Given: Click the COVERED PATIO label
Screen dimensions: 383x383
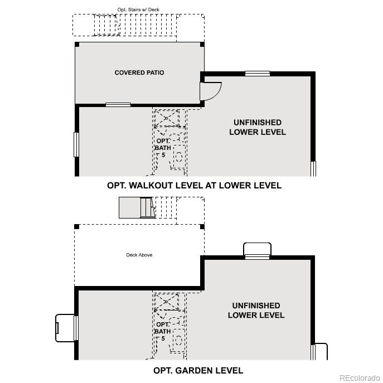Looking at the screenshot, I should [139, 72].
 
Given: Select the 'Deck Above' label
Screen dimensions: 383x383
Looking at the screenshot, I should [139, 255].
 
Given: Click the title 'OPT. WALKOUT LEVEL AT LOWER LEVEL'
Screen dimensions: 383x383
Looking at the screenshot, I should [194, 186].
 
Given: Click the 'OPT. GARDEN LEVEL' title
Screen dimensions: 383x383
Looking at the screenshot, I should [198, 370].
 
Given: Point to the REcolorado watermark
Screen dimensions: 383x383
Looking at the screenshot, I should [359, 377].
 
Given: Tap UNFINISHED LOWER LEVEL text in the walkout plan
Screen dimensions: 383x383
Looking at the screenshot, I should [257, 127].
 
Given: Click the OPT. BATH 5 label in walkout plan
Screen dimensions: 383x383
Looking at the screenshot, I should [163, 147].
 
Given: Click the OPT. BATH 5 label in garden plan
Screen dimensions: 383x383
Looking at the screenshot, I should [163, 331].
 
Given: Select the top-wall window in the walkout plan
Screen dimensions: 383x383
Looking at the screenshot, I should [258, 73].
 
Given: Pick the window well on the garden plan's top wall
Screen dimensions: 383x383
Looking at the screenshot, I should [258, 250].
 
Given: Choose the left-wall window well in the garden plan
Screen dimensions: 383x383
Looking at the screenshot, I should [66, 328].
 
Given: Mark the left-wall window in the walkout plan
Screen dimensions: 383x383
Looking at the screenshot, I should [76, 144].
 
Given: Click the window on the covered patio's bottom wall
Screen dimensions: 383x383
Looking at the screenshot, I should [118, 104].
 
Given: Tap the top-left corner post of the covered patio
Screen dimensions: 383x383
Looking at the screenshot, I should [77, 44].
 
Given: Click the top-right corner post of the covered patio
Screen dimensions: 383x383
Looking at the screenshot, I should [202, 44].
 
